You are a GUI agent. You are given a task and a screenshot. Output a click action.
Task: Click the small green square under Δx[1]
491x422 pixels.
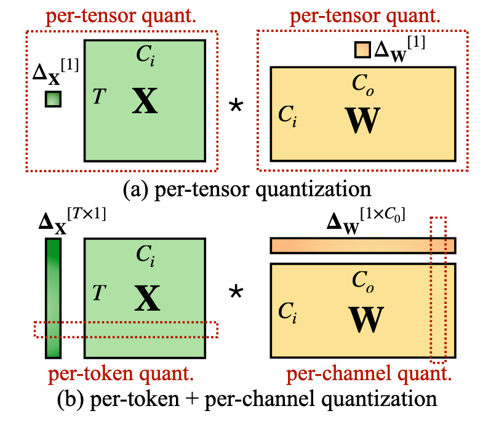click(54, 98)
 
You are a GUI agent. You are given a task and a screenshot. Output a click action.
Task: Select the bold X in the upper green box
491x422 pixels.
click(145, 102)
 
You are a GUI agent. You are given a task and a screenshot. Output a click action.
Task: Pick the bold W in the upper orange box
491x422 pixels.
click(364, 120)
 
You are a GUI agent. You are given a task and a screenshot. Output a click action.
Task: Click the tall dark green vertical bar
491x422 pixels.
click(54, 298)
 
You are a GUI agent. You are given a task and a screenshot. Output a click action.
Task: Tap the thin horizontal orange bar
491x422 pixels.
click(362, 245)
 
